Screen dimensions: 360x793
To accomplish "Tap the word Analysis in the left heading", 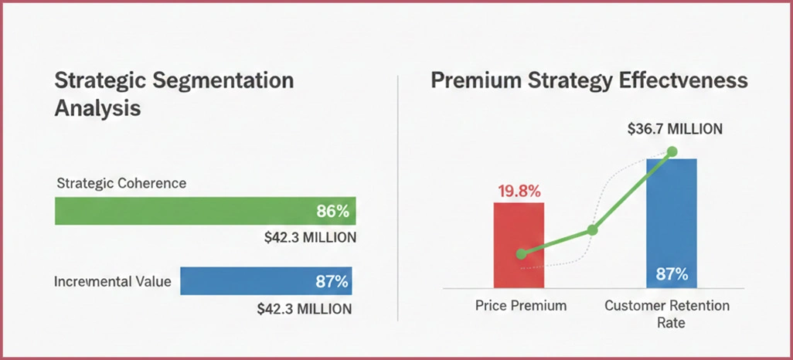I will pos(97,108).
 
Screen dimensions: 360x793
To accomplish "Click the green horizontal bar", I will pos(185,211).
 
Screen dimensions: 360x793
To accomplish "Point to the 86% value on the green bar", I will pos(333,211).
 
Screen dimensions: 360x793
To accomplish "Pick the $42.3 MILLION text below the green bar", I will pos(310,238).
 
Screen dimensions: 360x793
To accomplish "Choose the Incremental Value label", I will pos(113,281).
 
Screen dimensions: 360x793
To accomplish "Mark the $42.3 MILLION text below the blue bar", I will pos(305,308).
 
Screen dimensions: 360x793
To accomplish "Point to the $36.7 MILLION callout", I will pos(675,129).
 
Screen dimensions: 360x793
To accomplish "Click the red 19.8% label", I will pos(519,189).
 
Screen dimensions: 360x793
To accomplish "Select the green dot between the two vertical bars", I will pos(592,229).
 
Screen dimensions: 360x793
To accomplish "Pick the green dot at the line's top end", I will pos(672,151).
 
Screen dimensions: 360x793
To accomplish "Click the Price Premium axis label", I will pos(520,306).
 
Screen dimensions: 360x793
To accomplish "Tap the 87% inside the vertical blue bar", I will pos(672,273).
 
